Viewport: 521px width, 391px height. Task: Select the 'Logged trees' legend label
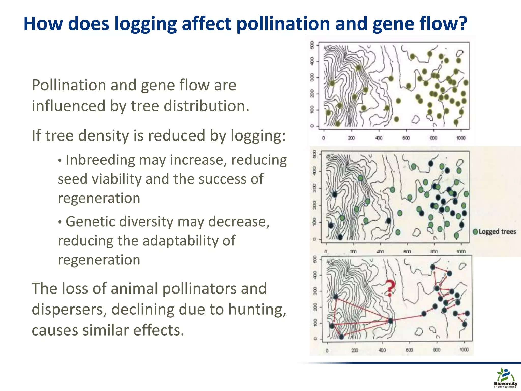point(497,232)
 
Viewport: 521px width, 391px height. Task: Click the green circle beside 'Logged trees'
point(475,232)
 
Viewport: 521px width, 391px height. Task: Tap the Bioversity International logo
point(505,378)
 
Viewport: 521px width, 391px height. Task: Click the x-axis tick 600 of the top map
point(406,138)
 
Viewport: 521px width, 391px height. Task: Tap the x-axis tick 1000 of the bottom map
point(464,350)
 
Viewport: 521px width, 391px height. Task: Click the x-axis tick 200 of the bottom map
point(355,351)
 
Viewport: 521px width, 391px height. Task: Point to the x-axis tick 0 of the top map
point(324,138)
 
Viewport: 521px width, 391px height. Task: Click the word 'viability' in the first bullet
point(117,179)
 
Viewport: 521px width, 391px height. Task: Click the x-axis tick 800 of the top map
point(433,138)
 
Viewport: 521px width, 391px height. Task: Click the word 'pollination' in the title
point(283,24)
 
